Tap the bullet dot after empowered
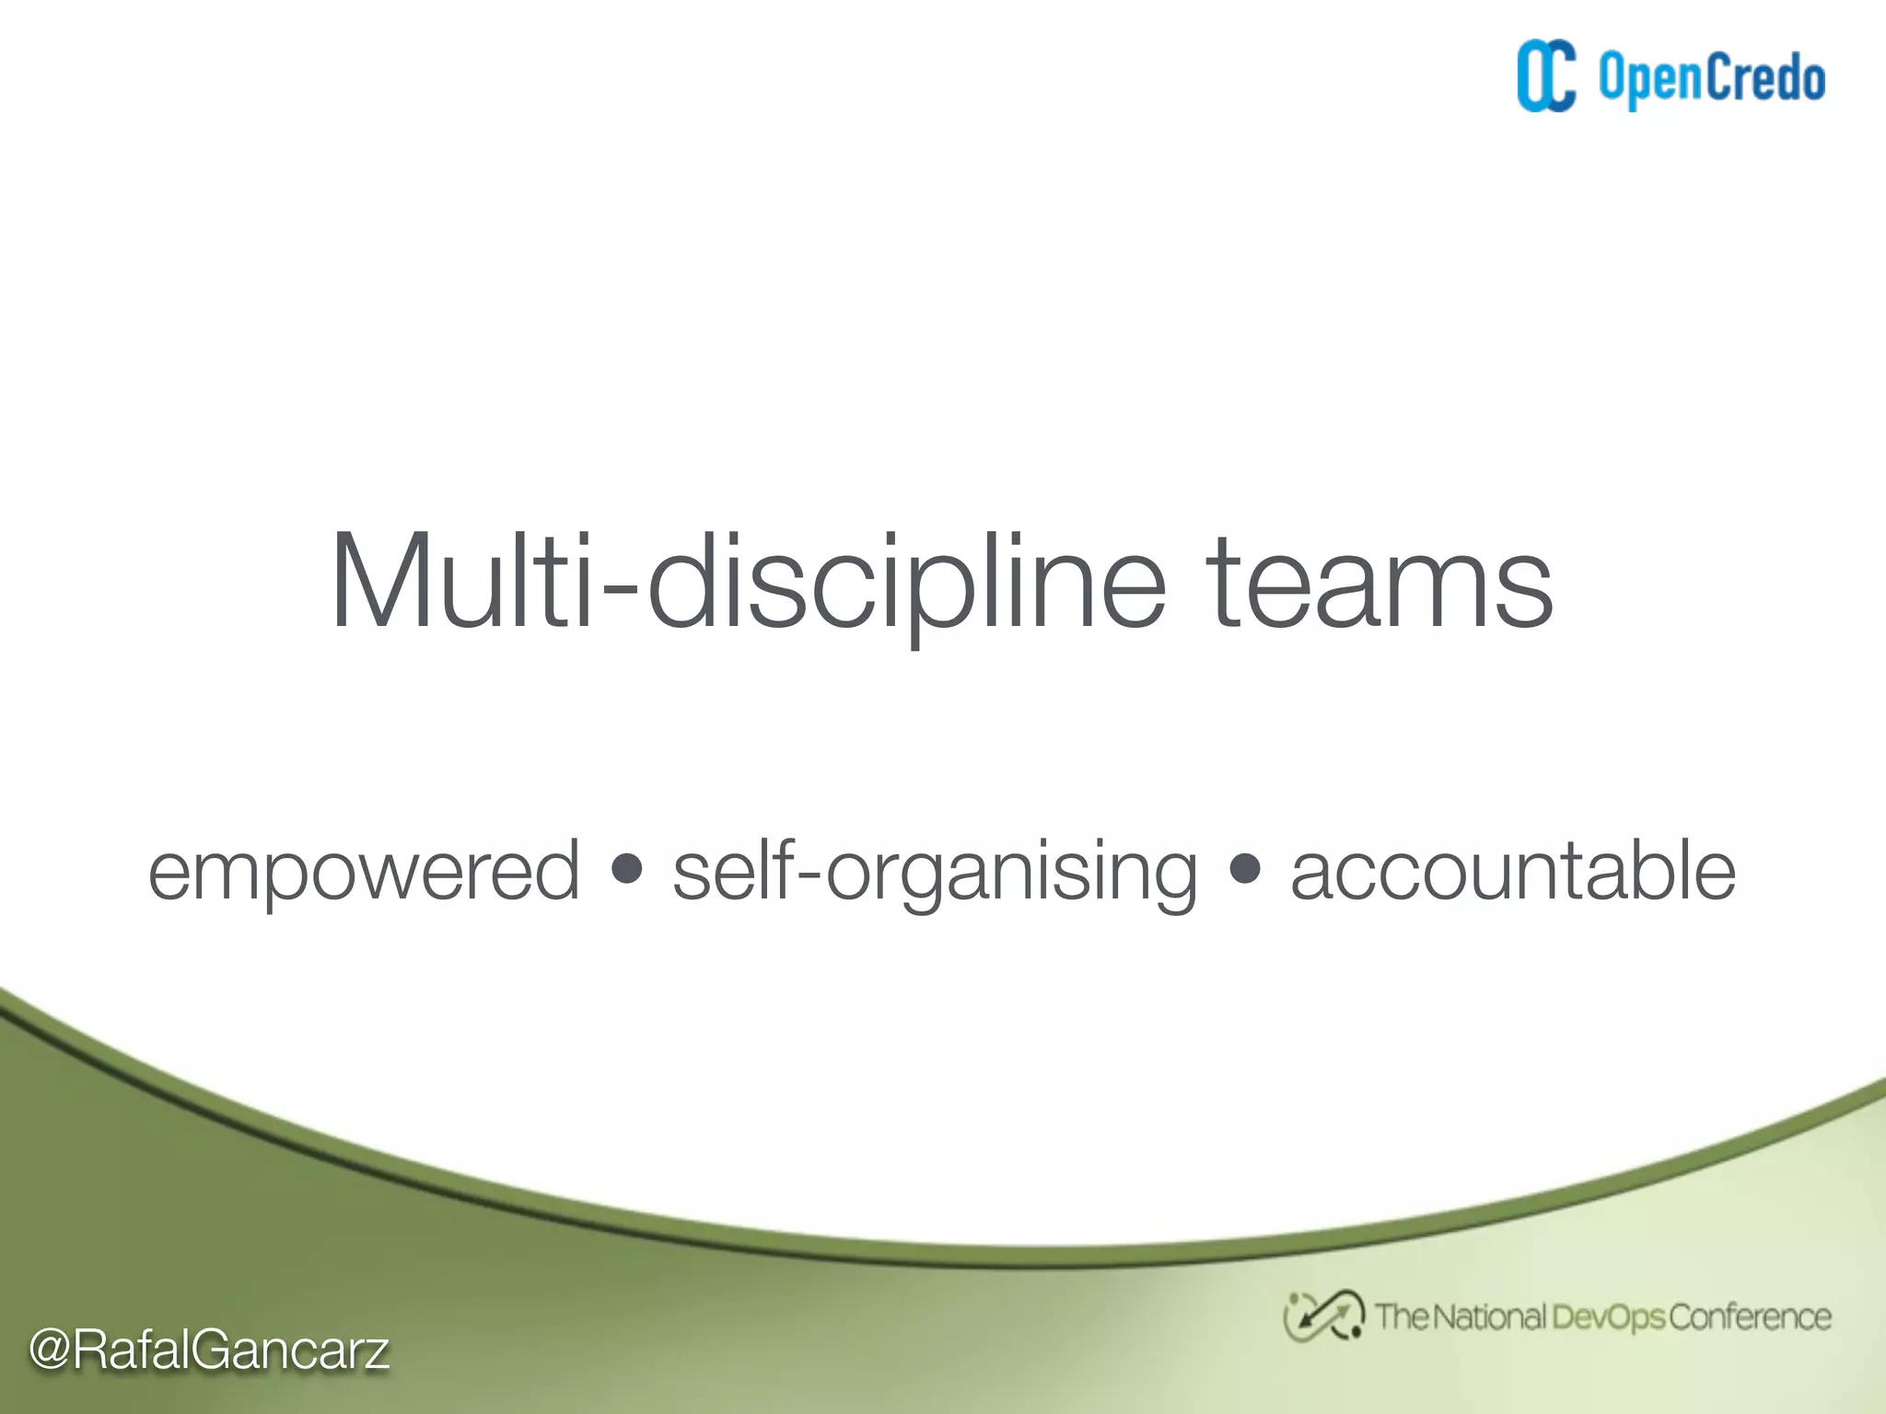point(626,869)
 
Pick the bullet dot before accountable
point(1244,869)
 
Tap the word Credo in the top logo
point(1767,77)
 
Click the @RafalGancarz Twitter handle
point(209,1350)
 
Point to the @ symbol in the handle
point(50,1350)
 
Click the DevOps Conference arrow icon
point(1323,1315)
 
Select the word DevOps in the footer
point(1609,1317)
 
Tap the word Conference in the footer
point(1750,1317)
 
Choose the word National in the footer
point(1489,1317)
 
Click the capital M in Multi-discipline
point(379,583)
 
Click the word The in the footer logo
point(1401,1317)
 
